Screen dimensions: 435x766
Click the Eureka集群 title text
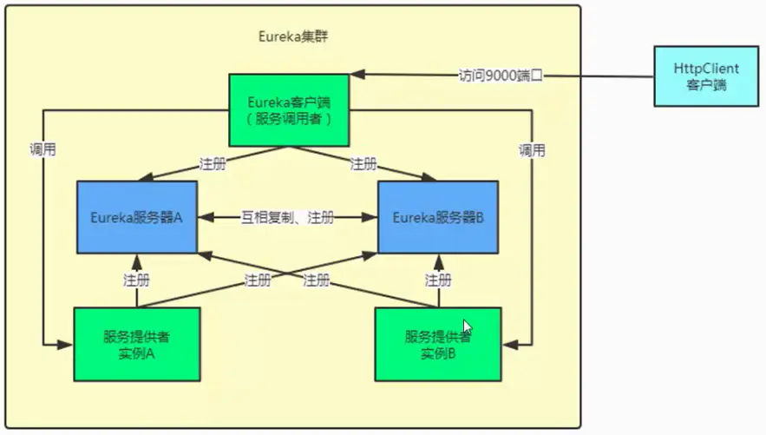click(x=293, y=36)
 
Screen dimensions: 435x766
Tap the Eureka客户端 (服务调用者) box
click(x=289, y=109)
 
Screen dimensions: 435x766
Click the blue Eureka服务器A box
click(x=136, y=217)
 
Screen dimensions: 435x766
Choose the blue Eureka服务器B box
click(x=437, y=217)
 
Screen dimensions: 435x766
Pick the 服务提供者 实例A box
click(x=136, y=344)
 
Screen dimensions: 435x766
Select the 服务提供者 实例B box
click(x=437, y=344)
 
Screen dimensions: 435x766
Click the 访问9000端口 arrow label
click(x=501, y=76)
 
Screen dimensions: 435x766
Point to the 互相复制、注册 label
click(x=286, y=218)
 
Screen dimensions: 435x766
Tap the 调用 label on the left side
click(x=43, y=149)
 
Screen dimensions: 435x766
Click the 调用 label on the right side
click(x=532, y=149)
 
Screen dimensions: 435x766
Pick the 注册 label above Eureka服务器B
click(x=363, y=163)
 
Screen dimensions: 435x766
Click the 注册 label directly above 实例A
click(x=136, y=280)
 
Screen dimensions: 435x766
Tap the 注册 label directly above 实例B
click(x=437, y=280)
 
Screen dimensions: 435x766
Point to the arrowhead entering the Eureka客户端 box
click(x=357, y=76)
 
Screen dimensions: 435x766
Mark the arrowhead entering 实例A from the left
click(x=67, y=345)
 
